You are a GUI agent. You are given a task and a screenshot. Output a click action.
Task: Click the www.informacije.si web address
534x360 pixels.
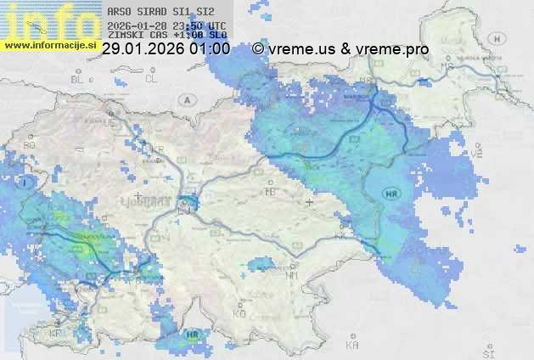[48, 44]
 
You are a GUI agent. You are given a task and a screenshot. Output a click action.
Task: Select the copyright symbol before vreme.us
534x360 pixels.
[258, 49]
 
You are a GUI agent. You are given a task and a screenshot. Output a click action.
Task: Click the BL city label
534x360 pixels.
[79, 79]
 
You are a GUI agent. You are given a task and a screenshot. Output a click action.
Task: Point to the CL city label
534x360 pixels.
[151, 79]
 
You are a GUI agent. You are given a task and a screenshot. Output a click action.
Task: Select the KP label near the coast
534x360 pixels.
[57, 334]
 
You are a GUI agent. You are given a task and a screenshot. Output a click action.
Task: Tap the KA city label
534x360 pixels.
[352, 346]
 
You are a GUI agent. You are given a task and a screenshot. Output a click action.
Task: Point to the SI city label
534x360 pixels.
[487, 351]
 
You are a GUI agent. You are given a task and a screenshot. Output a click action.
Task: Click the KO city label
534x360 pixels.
[239, 313]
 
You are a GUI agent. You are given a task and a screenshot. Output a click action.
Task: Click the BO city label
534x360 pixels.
[29, 145]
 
